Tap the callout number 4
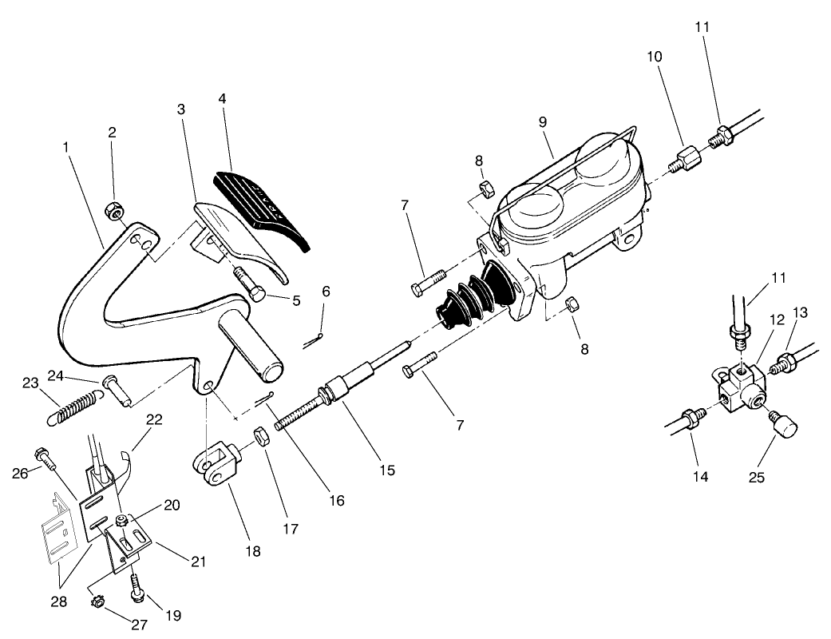223,99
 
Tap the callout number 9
542,123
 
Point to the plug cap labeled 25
784,427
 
